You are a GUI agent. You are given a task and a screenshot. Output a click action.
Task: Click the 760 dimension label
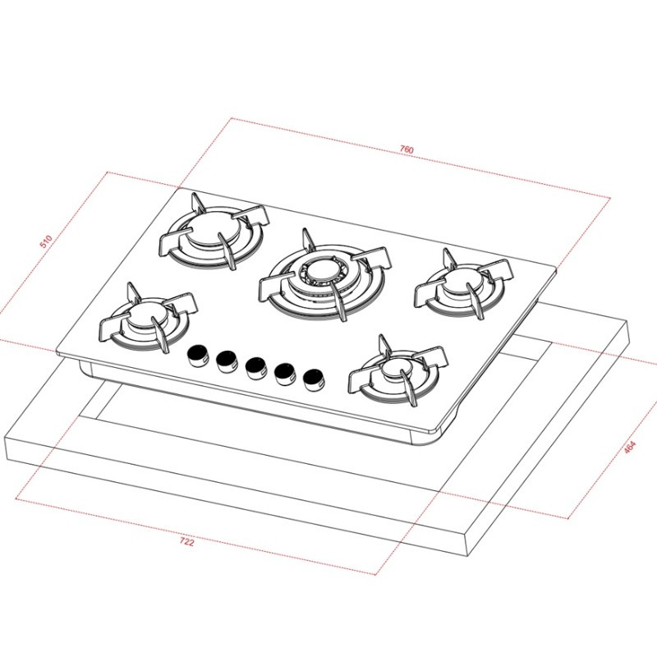click(x=407, y=149)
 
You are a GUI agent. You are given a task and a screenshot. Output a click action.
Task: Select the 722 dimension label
click(x=186, y=543)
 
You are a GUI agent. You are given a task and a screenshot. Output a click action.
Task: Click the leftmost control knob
click(x=198, y=355)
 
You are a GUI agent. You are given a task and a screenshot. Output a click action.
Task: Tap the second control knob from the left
click(x=227, y=360)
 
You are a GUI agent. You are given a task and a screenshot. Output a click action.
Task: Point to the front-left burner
click(x=145, y=323)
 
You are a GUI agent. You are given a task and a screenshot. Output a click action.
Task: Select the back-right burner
click(x=461, y=283)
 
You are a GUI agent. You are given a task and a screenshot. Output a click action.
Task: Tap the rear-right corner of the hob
click(x=558, y=268)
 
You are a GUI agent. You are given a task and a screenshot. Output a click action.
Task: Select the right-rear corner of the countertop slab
click(x=628, y=322)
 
